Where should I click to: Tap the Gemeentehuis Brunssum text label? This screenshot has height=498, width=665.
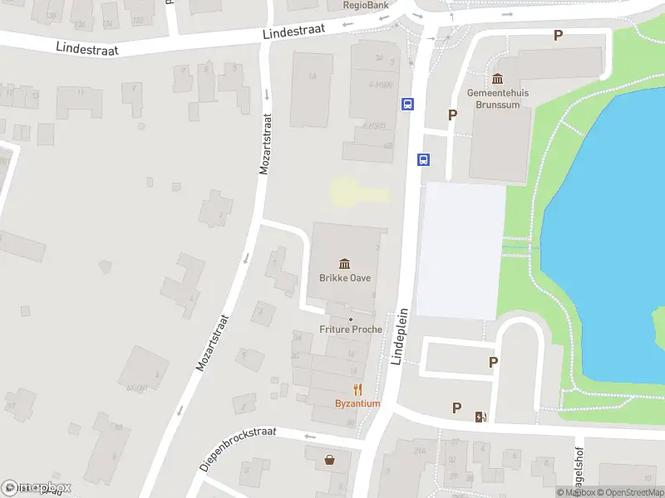(x=498, y=99)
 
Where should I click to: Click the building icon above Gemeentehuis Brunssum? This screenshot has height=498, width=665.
(x=498, y=79)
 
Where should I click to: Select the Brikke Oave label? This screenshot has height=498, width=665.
(x=345, y=278)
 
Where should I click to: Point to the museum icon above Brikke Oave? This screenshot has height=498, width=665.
(x=344, y=264)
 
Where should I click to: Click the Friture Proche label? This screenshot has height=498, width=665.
(x=351, y=330)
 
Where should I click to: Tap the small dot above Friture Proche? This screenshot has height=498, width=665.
(x=351, y=319)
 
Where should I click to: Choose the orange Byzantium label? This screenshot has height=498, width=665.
(x=357, y=404)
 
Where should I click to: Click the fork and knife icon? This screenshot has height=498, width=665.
(x=357, y=389)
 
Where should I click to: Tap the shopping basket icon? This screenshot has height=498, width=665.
(x=331, y=458)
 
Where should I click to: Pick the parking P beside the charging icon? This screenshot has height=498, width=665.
(x=456, y=408)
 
